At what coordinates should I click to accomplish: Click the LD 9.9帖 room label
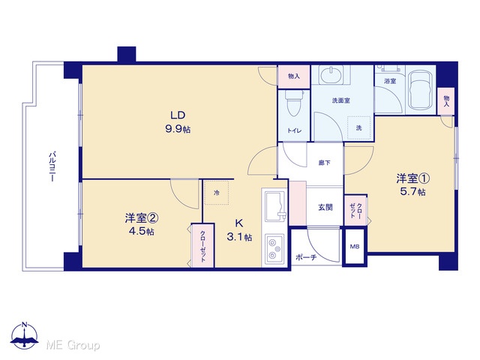(x=178, y=122)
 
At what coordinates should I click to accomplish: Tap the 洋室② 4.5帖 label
(x=142, y=225)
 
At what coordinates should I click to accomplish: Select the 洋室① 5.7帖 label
(x=412, y=184)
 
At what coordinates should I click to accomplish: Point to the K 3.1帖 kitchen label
(x=239, y=230)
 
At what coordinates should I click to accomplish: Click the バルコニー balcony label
(x=52, y=166)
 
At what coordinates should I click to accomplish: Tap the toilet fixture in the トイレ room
(x=293, y=103)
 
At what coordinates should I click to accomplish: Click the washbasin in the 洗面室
(x=331, y=74)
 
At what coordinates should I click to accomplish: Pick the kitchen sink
(x=276, y=206)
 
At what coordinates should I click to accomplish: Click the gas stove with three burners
(x=274, y=248)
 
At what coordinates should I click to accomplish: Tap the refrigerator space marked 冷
(x=217, y=193)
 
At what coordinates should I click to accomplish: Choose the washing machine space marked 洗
(x=358, y=127)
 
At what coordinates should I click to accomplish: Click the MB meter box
(x=355, y=247)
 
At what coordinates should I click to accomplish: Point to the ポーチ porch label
(x=306, y=258)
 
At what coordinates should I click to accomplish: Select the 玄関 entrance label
(x=325, y=208)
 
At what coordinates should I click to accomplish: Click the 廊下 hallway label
(x=325, y=163)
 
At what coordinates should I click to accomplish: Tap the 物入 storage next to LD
(x=293, y=76)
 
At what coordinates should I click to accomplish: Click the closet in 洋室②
(x=202, y=246)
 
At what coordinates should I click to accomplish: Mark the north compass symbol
(x=25, y=335)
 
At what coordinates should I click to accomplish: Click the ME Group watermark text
(x=73, y=346)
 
